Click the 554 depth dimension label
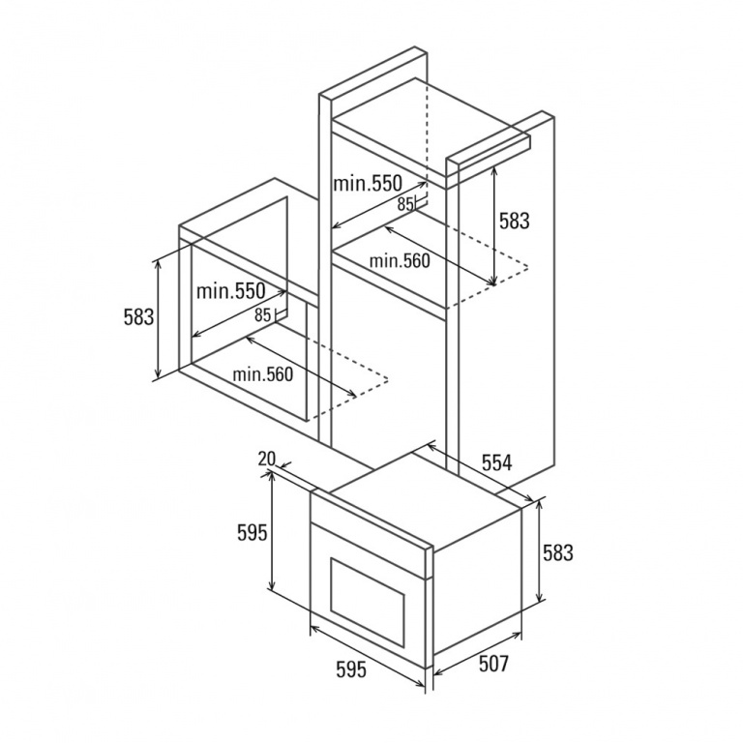point(496,462)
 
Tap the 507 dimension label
point(493,664)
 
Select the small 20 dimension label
point(267,459)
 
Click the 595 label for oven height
point(253,534)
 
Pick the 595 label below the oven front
point(351,669)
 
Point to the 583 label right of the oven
point(557,552)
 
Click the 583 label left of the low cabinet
point(138,317)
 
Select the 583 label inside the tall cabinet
point(514,221)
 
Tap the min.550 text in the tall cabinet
point(368,184)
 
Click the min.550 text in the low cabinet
point(231,291)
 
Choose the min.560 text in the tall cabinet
point(400,260)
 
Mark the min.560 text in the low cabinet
point(262,374)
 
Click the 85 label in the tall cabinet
point(405,204)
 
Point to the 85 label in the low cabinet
point(262,315)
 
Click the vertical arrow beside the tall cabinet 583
point(493,225)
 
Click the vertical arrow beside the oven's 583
point(539,551)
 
